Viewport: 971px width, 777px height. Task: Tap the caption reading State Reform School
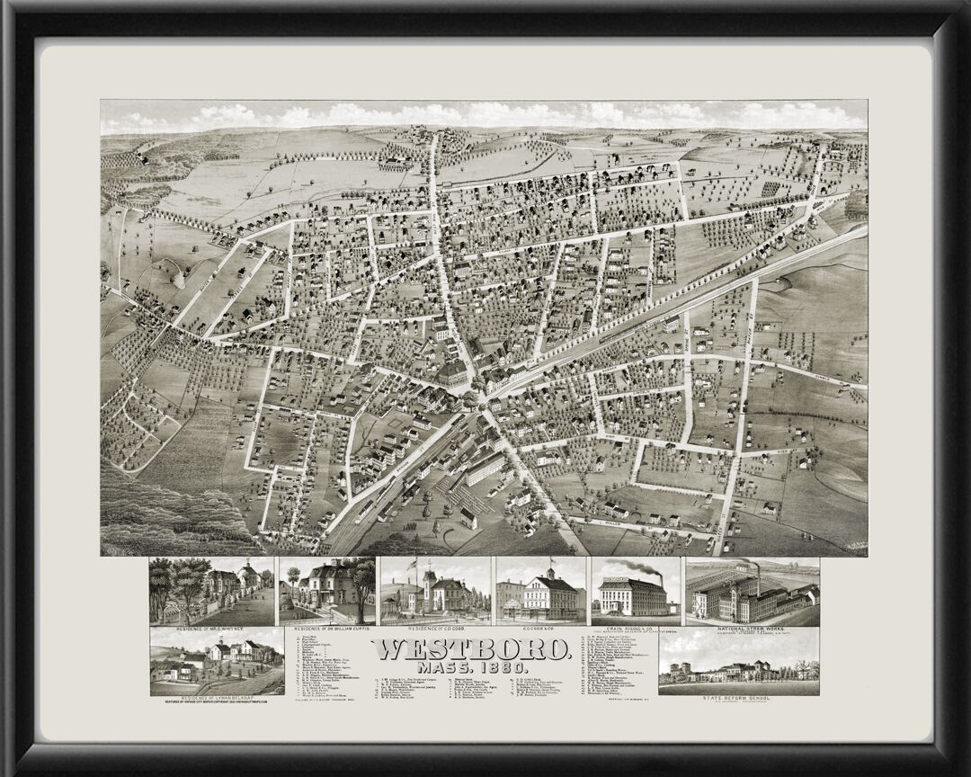(739, 698)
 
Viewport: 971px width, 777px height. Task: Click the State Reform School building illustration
(739, 672)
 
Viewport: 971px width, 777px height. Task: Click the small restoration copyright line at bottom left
(217, 702)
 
